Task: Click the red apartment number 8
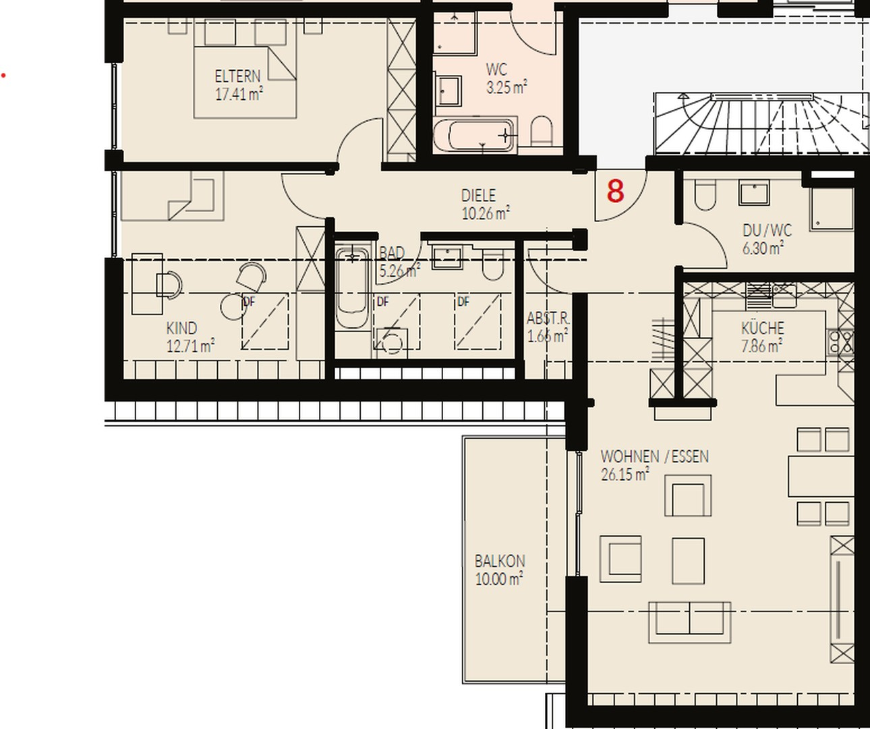pos(616,191)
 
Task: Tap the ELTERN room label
pos(237,76)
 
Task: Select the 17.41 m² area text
pos(239,94)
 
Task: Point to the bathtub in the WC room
pos(475,135)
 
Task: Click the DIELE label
pos(478,196)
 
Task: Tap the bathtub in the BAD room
pos(352,288)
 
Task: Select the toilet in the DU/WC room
pos(705,194)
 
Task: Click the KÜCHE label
pos(763,328)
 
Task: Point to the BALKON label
pos(500,561)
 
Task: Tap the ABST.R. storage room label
pos(548,318)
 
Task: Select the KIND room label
pos(181,328)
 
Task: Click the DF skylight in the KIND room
pos(265,321)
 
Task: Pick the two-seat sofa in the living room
pos(689,622)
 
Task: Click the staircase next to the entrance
pos(761,124)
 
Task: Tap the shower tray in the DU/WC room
pos(832,209)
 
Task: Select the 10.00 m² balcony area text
pos(499,579)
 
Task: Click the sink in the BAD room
pos(447,257)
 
